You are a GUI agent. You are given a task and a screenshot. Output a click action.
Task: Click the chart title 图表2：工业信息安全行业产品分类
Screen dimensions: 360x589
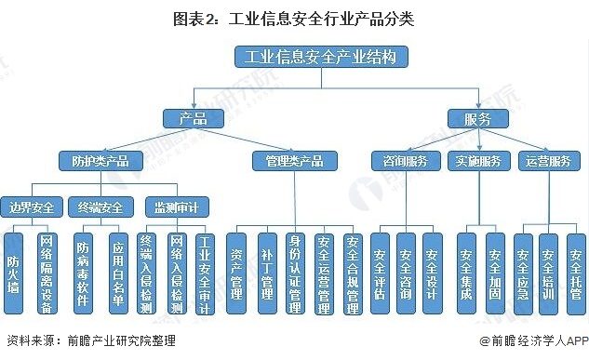click(295, 17)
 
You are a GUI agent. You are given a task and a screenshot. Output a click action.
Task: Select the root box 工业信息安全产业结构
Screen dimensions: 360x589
click(321, 59)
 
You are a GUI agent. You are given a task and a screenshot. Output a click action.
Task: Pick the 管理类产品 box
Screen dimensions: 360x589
click(288, 160)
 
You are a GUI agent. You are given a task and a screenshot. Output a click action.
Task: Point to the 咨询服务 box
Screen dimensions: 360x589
click(406, 160)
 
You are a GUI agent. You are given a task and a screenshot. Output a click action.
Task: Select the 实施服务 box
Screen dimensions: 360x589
click(478, 160)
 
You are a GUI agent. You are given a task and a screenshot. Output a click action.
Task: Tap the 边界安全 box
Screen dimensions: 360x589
click(32, 205)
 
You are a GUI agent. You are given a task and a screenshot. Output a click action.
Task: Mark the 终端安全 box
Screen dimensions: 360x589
click(99, 205)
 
